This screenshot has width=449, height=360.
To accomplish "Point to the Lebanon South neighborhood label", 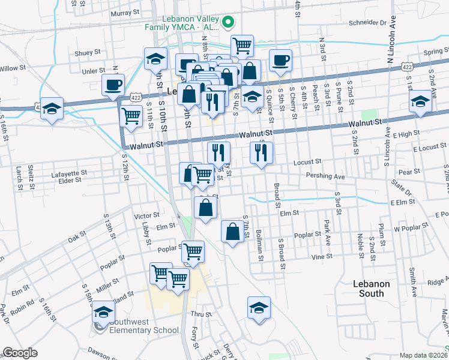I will click(372, 289).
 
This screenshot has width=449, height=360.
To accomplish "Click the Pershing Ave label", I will click(325, 177).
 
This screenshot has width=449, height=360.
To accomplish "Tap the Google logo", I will click(20, 353).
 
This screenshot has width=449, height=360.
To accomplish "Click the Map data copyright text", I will click(423, 355).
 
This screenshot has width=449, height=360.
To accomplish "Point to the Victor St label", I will click(147, 215).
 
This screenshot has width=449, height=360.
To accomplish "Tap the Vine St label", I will click(321, 256).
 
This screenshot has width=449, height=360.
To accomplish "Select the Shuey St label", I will click(87, 53).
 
